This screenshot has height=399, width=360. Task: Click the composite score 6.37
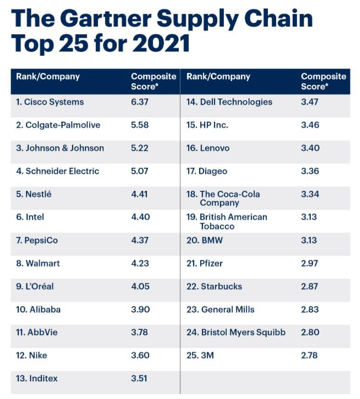point(139,102)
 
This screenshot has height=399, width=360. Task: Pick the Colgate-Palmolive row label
point(58,125)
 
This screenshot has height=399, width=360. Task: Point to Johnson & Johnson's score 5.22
point(139,148)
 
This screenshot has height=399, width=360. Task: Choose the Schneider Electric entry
point(58,171)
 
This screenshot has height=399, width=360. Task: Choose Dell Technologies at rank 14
point(229,102)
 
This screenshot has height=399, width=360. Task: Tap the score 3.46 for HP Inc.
point(310,125)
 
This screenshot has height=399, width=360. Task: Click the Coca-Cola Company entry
point(223,198)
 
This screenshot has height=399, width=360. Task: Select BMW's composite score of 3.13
point(309,240)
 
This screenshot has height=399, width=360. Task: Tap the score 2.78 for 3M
point(310,356)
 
